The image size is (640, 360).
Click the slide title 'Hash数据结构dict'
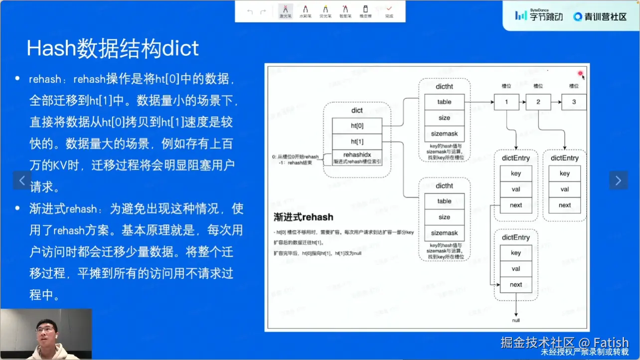(x=113, y=48)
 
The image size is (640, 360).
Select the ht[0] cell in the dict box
(x=357, y=126)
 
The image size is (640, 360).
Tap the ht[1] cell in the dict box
(x=357, y=142)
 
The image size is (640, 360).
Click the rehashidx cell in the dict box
(x=357, y=155)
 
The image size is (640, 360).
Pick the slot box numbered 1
(x=506, y=102)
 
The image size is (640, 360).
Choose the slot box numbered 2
(x=538, y=102)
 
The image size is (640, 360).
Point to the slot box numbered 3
(x=573, y=102)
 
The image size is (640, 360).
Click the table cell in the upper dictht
(x=444, y=102)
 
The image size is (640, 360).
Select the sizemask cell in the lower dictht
(x=444, y=233)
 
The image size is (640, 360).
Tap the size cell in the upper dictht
(x=444, y=118)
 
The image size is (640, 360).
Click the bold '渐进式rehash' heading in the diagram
(x=303, y=217)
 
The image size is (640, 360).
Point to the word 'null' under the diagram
(x=516, y=320)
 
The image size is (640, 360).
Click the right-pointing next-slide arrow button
(x=618, y=180)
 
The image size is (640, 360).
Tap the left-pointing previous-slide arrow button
(x=22, y=180)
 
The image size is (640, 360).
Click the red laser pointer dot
(x=580, y=74)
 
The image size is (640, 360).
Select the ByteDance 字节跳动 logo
(x=539, y=15)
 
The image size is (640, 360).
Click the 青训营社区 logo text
(x=600, y=16)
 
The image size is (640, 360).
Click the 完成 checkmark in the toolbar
(x=389, y=11)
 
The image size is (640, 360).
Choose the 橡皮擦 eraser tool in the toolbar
(x=365, y=11)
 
